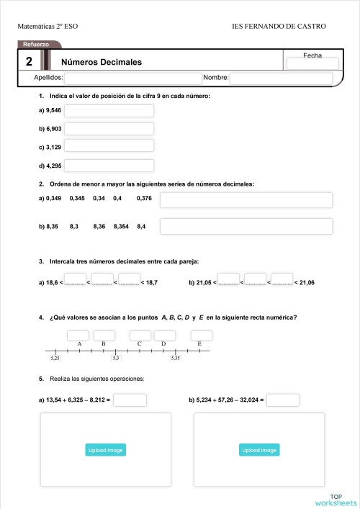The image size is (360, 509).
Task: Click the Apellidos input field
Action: [132, 78]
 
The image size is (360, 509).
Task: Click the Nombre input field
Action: [281, 78]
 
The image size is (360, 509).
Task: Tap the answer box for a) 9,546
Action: [109, 111]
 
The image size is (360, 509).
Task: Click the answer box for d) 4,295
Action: [109, 166]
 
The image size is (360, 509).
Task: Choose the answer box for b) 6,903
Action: [109, 129]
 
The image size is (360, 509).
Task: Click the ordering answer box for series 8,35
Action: [246, 226]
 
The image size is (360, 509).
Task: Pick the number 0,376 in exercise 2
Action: [144, 198]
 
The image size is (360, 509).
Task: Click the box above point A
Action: [78, 335]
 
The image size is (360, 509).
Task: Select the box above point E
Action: [202, 335]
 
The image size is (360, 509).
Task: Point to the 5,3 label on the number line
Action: [116, 358]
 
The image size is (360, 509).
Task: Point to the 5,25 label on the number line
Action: [55, 358]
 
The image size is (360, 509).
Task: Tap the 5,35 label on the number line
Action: [175, 358]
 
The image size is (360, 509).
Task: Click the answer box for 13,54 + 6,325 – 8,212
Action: [130, 400]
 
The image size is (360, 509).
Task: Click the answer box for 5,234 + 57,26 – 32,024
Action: [283, 400]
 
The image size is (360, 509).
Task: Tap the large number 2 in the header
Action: [28, 61]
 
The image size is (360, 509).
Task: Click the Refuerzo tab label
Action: [36, 45]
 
